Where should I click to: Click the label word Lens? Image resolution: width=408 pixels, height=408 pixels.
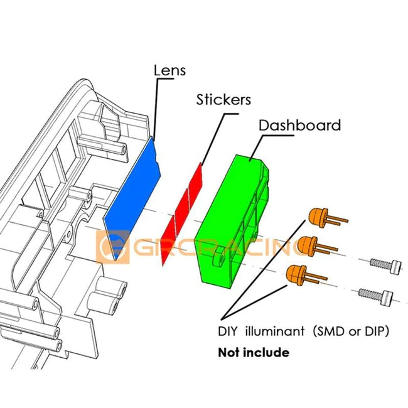click(169, 70)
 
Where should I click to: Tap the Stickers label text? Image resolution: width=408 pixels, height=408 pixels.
click(223, 99)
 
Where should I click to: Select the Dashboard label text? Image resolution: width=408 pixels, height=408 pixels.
click(299, 125)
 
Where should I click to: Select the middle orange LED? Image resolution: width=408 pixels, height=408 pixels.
click(307, 245)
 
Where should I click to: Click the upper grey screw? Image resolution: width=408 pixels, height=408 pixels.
click(382, 263)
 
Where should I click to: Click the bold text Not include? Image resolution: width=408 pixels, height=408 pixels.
click(253, 352)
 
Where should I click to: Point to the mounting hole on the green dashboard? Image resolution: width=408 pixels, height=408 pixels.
click(219, 257)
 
